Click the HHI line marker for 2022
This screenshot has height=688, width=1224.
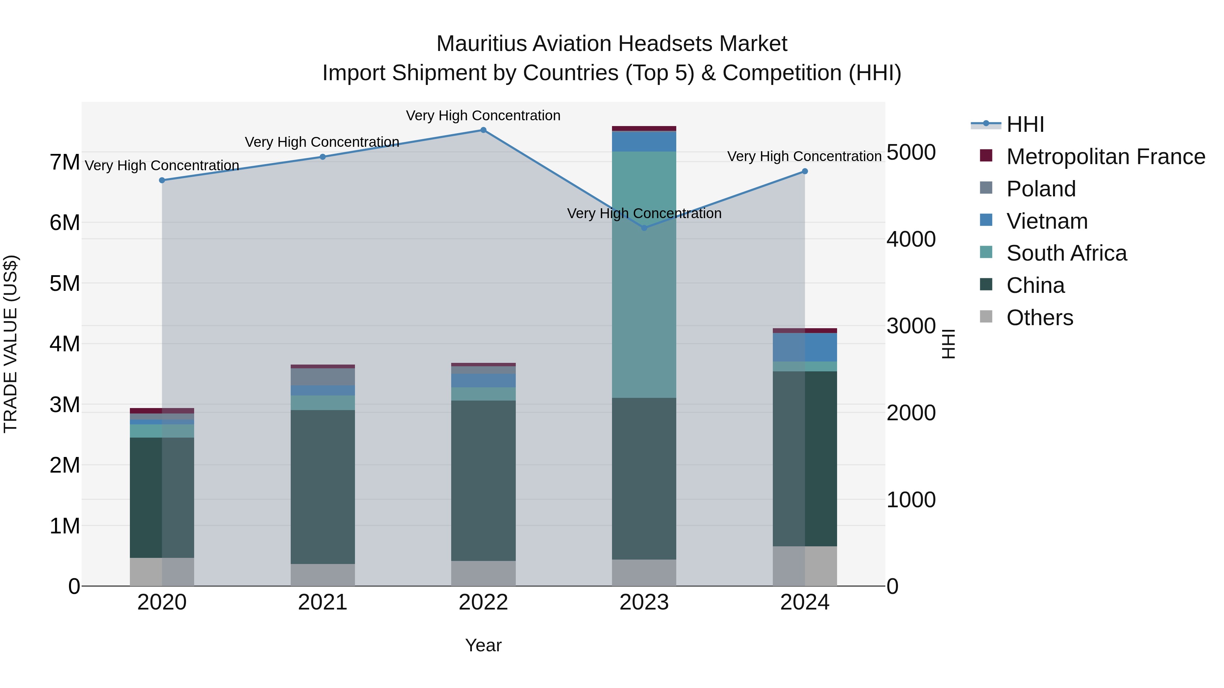pos(483,130)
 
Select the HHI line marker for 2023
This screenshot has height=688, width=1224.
pos(644,228)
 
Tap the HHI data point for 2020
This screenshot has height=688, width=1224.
pos(162,180)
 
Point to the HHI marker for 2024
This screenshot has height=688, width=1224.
pos(804,172)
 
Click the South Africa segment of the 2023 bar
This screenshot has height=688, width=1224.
pos(644,275)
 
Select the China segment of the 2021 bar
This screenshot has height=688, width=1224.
pos(323,487)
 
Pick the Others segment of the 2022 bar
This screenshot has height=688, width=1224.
pos(483,573)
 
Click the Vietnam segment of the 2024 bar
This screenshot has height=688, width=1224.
pos(804,347)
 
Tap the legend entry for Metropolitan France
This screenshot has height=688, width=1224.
pos(1105,157)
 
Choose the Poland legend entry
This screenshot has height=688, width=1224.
pos(1041,189)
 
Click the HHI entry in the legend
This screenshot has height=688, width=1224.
pos(1025,124)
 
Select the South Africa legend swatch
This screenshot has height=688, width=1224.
pos(986,252)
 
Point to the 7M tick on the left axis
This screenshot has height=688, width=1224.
pos(65,162)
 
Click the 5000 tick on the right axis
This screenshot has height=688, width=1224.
pos(911,153)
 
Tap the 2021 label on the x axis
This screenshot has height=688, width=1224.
pos(323,602)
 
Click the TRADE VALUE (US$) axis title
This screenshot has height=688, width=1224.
pos(11,344)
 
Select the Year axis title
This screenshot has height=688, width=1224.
pos(483,645)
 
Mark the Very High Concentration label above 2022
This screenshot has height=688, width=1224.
pos(483,116)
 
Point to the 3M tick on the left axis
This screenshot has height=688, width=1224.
pos(65,405)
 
